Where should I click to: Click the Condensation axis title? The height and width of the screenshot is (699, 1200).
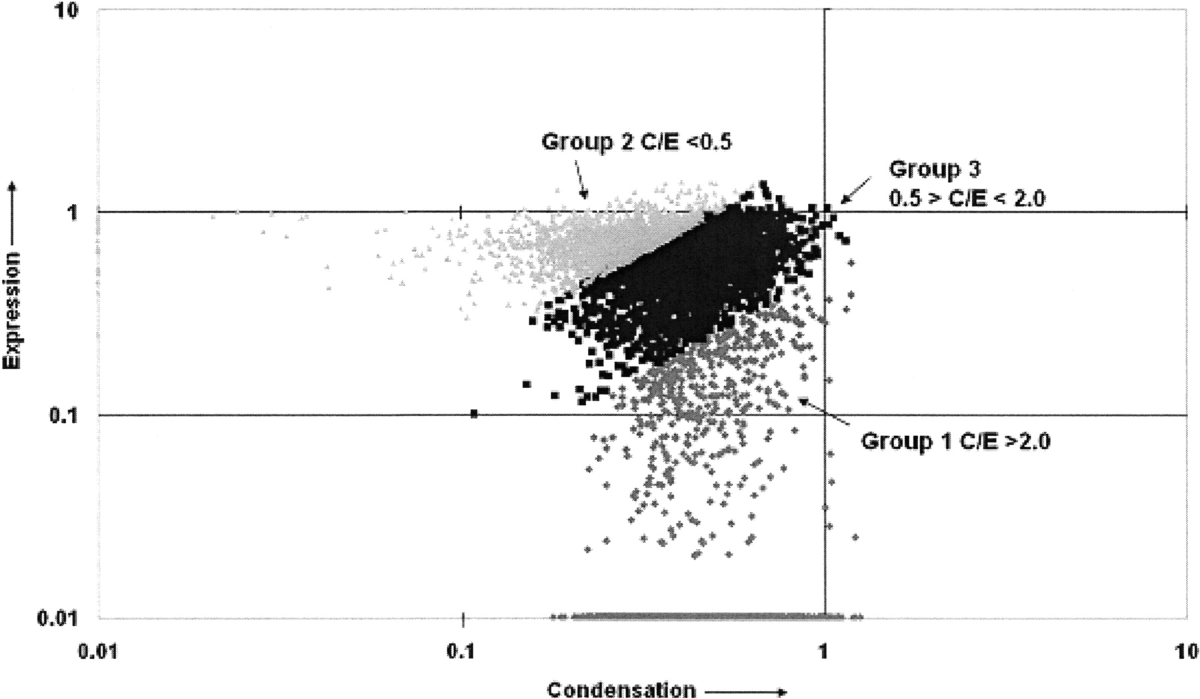[x=621, y=690]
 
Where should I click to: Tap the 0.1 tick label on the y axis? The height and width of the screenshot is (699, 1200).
[x=64, y=416]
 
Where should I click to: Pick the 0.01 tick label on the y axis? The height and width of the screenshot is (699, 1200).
[x=59, y=618]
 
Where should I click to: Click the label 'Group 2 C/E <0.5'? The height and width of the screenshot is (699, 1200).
[x=637, y=142]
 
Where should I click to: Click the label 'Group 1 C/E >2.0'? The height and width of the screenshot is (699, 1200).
[x=956, y=441]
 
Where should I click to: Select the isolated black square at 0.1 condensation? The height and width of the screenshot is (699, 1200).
[x=474, y=414]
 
